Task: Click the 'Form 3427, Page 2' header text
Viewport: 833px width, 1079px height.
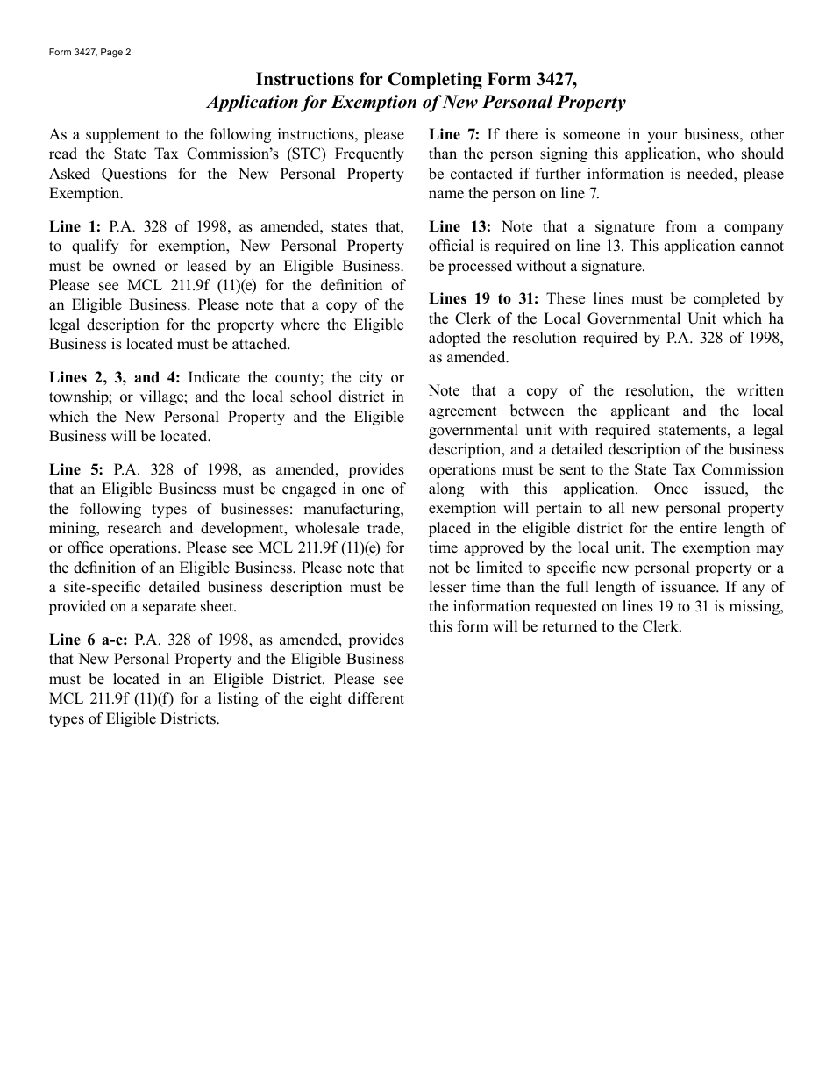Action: pyautogui.click(x=89, y=53)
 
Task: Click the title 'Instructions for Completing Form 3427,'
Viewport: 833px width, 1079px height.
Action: pyautogui.click(x=416, y=80)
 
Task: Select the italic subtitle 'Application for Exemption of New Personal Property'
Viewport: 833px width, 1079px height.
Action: pyautogui.click(x=416, y=103)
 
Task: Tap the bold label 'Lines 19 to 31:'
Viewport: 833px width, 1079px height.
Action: pyautogui.click(x=484, y=300)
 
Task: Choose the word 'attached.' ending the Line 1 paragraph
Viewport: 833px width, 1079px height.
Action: pyautogui.click(x=260, y=345)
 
